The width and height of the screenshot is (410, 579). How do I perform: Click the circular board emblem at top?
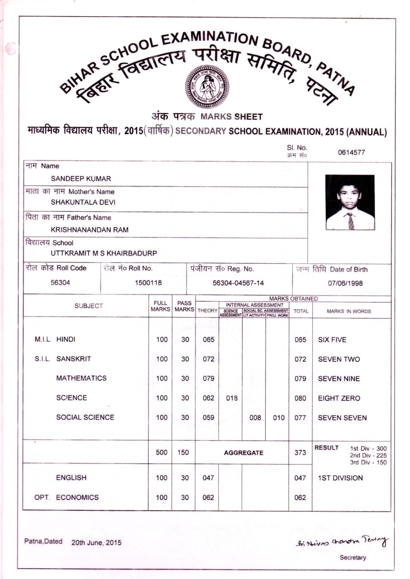[x=207, y=86]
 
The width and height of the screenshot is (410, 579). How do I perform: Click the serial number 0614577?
[x=351, y=152]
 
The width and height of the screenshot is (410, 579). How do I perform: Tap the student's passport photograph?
[x=350, y=202]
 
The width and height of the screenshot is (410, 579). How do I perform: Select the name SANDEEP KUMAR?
[x=81, y=179]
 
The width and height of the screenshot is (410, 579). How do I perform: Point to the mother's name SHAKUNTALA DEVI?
[x=83, y=203]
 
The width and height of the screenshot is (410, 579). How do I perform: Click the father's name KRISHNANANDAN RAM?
[x=90, y=229]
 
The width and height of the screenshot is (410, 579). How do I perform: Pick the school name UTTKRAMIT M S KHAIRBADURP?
[x=104, y=254]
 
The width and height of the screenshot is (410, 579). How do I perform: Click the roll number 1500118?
[x=148, y=283]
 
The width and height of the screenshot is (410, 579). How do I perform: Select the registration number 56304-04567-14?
[x=238, y=283]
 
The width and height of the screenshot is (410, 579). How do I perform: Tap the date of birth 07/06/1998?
[x=345, y=284]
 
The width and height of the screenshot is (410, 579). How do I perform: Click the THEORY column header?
[x=208, y=311]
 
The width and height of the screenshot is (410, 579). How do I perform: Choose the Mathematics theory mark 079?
[x=208, y=379]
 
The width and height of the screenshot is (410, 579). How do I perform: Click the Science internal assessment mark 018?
[x=231, y=398]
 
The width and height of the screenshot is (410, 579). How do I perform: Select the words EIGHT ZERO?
[x=339, y=399]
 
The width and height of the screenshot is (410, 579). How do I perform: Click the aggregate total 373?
[x=300, y=452]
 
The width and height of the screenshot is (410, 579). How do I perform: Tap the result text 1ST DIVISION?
[x=340, y=478]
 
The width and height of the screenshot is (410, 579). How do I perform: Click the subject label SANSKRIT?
[x=74, y=359]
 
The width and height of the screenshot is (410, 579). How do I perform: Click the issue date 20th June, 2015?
[x=96, y=542]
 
